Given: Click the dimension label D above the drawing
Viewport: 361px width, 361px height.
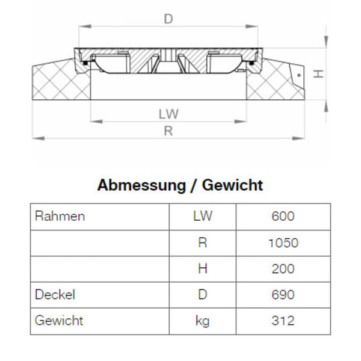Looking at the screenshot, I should (168, 19).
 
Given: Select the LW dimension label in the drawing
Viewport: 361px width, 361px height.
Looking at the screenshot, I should (169, 113).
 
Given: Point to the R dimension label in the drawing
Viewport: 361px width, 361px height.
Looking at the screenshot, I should (168, 131).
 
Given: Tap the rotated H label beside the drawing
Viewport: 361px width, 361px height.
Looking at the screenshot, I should (319, 73).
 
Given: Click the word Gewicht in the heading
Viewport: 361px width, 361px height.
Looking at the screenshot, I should (232, 185).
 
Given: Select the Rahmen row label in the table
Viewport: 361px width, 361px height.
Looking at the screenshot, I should (60, 217).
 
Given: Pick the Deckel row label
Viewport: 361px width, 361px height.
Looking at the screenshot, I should (55, 295).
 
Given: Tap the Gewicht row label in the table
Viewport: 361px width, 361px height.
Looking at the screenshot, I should (58, 321).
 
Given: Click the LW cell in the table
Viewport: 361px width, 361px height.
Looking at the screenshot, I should (202, 217).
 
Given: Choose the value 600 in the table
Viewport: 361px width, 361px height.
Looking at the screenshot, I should (283, 217).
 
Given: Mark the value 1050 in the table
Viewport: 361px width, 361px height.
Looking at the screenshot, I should (283, 243).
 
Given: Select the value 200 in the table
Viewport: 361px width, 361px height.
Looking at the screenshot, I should (283, 269).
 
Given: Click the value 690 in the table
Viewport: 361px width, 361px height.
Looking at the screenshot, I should (283, 295).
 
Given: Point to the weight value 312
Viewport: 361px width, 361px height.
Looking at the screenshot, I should (283, 321).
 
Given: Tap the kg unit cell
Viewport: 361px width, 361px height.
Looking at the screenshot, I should (202, 321).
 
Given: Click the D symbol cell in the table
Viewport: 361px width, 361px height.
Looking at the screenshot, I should (202, 295).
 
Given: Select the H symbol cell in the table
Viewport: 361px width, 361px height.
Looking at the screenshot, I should (202, 269).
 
